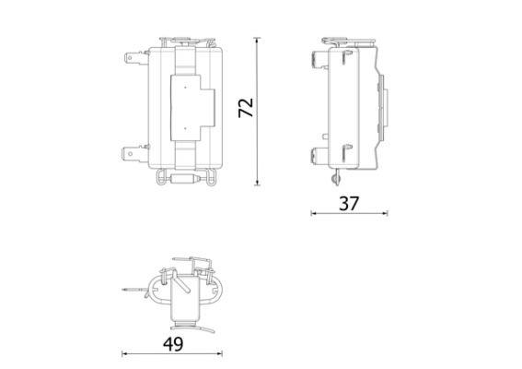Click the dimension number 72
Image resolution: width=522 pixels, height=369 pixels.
coord(246,108)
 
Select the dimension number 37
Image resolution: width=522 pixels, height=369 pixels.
coord(349,203)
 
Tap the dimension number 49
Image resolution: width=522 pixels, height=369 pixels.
coord(173,344)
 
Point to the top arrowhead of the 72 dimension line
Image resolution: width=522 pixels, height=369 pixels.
coord(257,40)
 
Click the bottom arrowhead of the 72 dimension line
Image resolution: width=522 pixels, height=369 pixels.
coord(257,183)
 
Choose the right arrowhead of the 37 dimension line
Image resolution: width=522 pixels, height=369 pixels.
coord(385,213)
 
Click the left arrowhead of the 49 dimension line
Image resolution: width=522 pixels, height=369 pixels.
coord(125,353)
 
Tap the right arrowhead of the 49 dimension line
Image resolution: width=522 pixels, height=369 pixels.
coord(219,353)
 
